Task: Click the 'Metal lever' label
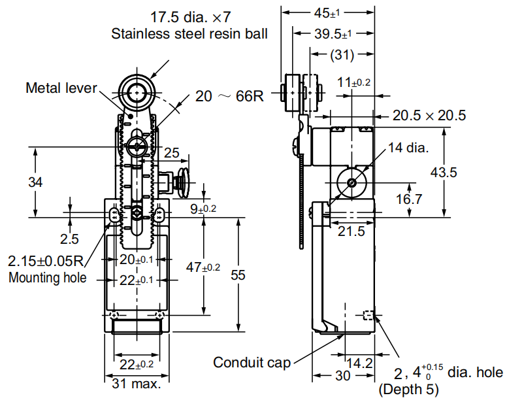[x=61, y=88]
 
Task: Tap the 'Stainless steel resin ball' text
[x=189, y=33]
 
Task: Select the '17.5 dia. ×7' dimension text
[x=190, y=15]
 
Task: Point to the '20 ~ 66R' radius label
[x=229, y=97]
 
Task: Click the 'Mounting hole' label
[x=47, y=277]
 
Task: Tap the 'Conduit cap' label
[x=252, y=362]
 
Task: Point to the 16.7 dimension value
[x=409, y=199]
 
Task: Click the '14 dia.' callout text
[x=408, y=148]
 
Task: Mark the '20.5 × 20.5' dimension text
[x=429, y=116]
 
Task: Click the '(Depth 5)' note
[x=410, y=390]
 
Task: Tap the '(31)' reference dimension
[x=342, y=55]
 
